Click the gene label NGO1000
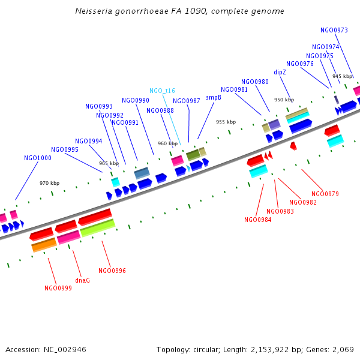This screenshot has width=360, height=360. pos(37,158)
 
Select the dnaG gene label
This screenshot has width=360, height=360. pos(82,280)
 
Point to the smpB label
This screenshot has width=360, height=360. pos(214,97)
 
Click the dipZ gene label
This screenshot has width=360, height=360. pos(280,72)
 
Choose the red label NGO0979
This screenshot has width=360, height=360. pos(325,194)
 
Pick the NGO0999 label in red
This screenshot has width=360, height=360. pos(58,288)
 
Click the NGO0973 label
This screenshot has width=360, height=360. pos(334,30)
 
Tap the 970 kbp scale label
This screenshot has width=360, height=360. pos(49,183)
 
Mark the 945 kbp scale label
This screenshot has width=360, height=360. pos(343,76)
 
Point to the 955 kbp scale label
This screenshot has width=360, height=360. pos(226,122)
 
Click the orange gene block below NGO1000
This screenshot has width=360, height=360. pos(44,244)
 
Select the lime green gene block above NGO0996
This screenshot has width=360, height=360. pos(97,227)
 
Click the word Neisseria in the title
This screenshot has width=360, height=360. pos(94,11)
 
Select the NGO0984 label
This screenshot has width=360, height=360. pos(257,220)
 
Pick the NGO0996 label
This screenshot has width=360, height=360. pos(112,271)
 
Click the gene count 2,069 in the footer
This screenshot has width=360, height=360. pos(342,349)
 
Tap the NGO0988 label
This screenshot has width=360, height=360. pos(160,110)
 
